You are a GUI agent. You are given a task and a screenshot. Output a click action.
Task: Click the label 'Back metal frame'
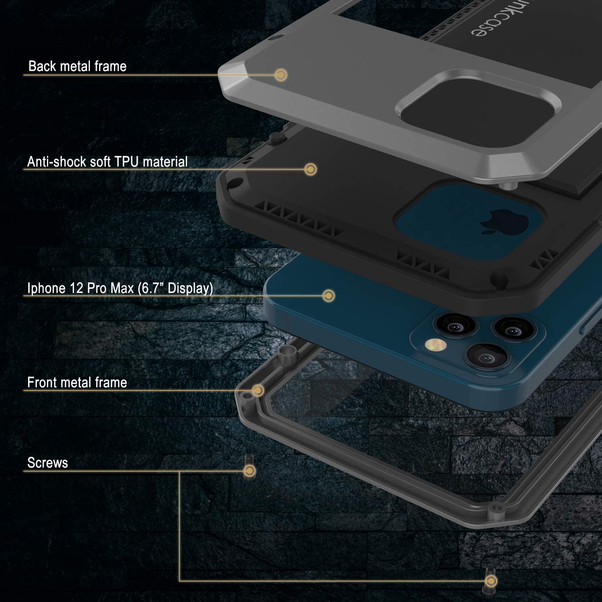[x=77, y=66]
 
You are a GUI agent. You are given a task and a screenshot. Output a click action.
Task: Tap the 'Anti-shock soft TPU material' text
[x=107, y=162]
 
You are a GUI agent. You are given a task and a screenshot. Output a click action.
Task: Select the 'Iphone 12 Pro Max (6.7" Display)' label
[x=120, y=288]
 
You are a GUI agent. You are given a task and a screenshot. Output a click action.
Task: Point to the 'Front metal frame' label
[x=77, y=382]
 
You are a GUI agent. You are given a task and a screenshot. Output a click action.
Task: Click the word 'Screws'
[x=47, y=463]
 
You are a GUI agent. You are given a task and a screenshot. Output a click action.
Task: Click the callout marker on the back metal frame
[x=281, y=75]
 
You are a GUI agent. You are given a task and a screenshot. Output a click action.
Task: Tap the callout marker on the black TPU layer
[x=310, y=169]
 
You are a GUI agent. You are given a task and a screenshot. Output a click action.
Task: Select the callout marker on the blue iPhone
[x=329, y=296]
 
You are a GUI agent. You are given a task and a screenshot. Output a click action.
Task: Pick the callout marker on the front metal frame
[x=258, y=390]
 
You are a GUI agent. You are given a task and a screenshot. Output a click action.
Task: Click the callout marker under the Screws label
[x=250, y=471]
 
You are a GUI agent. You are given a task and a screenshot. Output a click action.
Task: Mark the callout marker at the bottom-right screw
[x=490, y=581]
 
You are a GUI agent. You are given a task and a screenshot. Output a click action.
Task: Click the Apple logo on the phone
[x=492, y=221]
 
